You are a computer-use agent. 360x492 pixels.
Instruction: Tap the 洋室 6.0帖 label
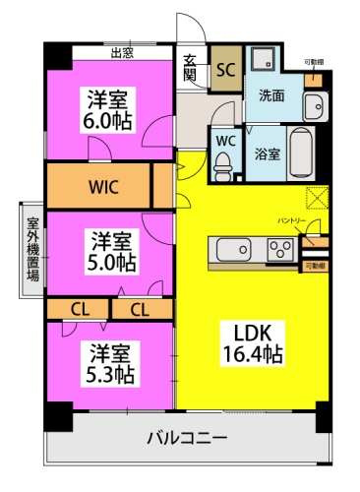(x=110, y=110)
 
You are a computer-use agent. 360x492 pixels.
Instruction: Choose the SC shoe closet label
(x=225, y=70)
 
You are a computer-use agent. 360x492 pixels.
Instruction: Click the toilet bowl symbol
(x=225, y=162)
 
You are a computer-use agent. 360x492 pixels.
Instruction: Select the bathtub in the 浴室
(x=301, y=153)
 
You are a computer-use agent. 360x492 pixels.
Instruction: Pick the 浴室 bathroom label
(x=267, y=154)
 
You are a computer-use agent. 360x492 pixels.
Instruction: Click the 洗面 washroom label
(x=271, y=96)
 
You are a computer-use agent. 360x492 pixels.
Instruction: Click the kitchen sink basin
(x=234, y=251)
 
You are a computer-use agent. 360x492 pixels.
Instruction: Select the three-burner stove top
(x=281, y=251)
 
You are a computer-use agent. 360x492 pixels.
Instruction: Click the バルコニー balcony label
(x=189, y=436)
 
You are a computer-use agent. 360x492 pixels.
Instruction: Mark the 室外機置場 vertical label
(x=32, y=250)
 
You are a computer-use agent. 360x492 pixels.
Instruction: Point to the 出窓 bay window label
(x=122, y=53)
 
